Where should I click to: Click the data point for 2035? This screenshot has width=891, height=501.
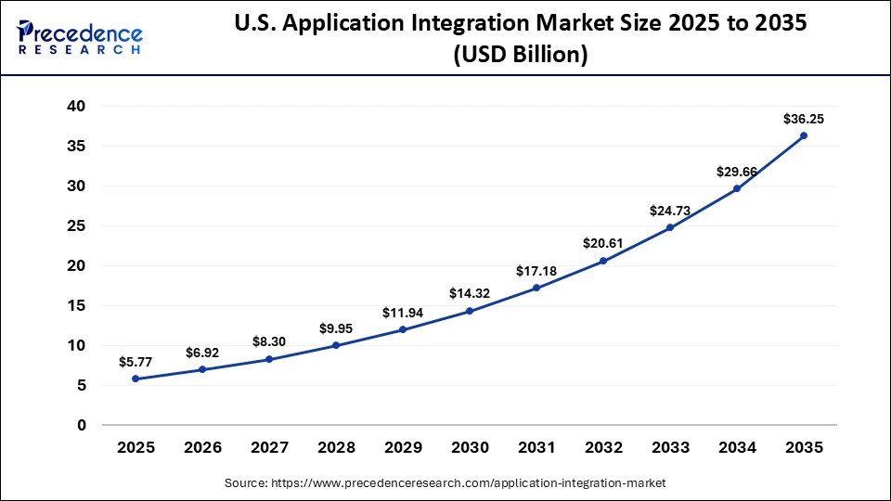point(804,135)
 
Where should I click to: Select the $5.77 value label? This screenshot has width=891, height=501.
point(136,362)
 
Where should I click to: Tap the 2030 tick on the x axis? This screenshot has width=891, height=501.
point(470,448)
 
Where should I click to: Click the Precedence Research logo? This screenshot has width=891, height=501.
point(80,37)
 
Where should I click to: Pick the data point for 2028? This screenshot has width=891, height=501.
point(336,345)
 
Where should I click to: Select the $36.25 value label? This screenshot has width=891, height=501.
point(804,119)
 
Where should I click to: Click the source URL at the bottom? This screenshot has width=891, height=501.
point(445,483)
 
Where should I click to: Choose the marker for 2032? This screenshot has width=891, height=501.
point(603,261)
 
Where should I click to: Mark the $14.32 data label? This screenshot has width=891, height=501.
point(470,293)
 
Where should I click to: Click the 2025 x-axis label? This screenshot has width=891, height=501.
point(136,448)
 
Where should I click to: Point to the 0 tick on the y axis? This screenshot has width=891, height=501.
point(81,425)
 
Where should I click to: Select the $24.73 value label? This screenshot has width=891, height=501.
point(670,212)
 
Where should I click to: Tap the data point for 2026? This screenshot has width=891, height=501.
point(202,369)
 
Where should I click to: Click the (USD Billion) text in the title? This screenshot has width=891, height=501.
point(520,56)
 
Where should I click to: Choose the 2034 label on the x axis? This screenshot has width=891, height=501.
point(737,448)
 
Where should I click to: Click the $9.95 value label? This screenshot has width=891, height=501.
point(336,328)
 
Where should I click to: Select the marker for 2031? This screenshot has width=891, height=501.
point(536,288)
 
